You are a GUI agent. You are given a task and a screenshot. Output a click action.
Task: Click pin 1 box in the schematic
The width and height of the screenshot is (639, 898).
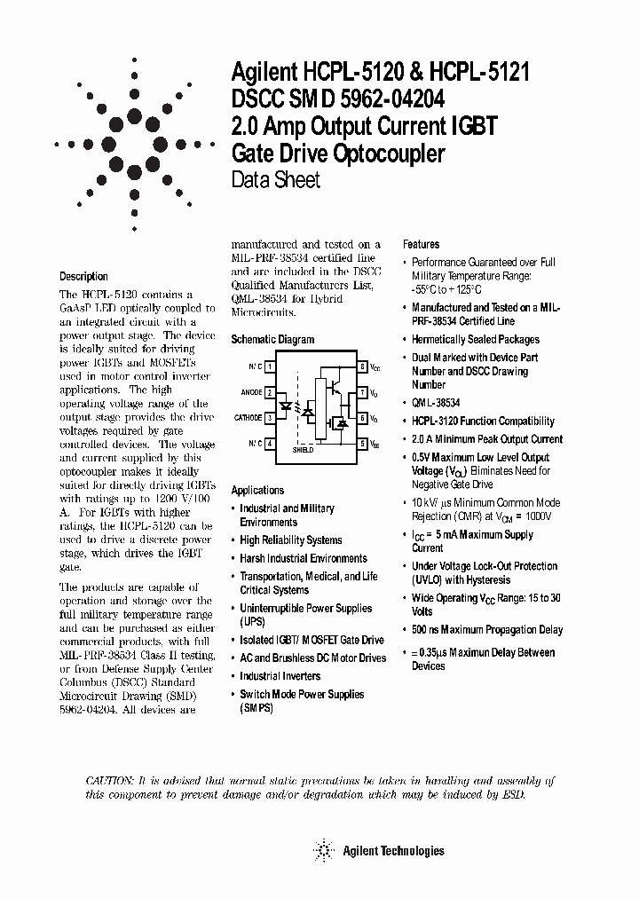click(x=270, y=366)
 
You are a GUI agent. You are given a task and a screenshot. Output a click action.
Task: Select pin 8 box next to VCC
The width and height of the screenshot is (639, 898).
click(x=363, y=366)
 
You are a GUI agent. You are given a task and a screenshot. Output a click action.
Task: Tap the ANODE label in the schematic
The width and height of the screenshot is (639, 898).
click(x=251, y=390)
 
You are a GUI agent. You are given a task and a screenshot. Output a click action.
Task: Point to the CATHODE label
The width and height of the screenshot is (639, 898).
click(x=248, y=417)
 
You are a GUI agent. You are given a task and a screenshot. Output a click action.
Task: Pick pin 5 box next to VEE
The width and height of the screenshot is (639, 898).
click(x=363, y=443)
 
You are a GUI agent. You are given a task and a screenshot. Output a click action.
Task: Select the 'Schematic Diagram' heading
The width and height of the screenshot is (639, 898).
click(x=272, y=339)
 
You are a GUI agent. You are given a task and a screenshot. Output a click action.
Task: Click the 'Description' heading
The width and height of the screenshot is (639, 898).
click(x=83, y=276)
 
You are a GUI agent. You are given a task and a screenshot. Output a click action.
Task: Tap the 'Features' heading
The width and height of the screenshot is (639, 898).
click(x=422, y=244)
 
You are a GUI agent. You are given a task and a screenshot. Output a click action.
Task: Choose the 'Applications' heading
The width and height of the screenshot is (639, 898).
click(x=257, y=490)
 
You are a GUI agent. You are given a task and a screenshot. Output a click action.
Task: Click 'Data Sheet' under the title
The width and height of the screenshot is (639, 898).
click(x=275, y=180)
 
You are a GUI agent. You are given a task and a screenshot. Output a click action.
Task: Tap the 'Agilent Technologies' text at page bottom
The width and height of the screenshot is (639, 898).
click(x=392, y=851)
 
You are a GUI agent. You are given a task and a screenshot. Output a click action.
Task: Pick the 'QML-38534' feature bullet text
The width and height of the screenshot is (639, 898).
click(x=438, y=404)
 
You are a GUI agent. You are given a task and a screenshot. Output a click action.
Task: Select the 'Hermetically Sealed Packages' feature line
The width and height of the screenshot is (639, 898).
click(x=475, y=339)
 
